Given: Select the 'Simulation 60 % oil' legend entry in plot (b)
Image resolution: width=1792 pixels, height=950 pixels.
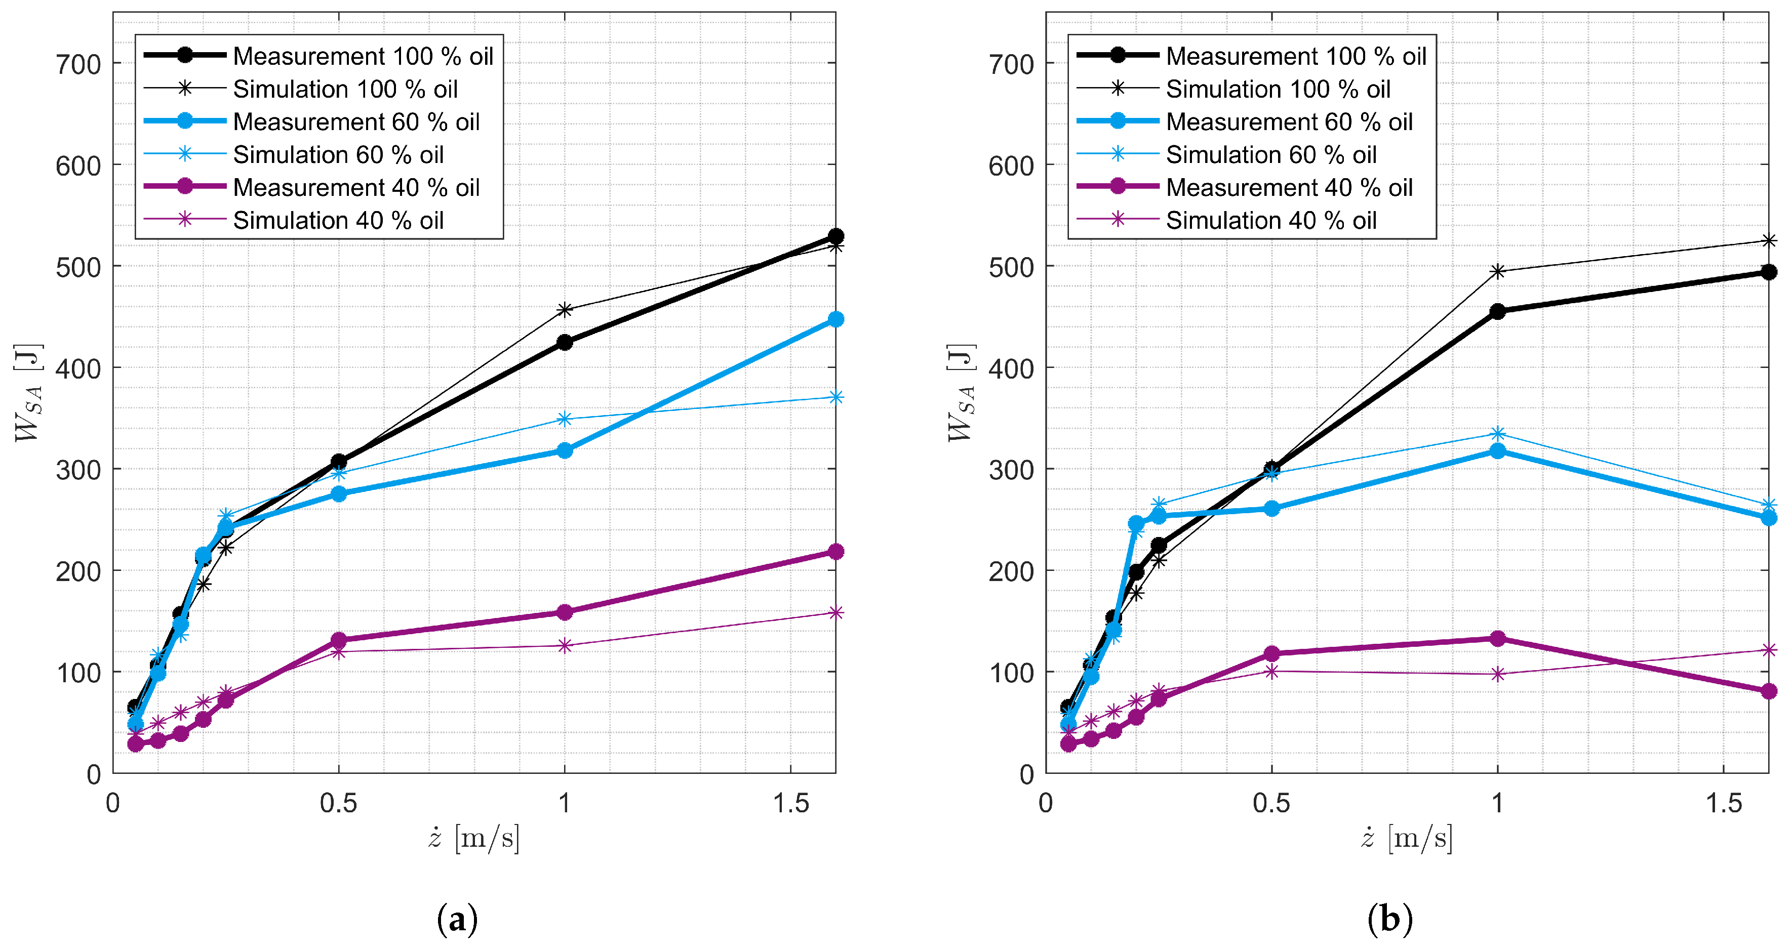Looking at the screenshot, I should [1271, 154].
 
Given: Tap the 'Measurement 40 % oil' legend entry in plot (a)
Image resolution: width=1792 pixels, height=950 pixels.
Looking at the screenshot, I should [355, 187].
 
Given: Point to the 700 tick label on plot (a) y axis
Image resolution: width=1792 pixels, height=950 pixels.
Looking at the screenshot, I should [78, 65].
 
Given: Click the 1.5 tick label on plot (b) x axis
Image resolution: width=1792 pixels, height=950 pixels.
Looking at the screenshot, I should [1724, 803].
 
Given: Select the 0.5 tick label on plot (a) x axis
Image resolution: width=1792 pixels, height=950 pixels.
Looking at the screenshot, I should [338, 803].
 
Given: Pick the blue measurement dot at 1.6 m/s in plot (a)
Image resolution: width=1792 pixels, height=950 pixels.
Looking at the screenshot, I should [835, 319].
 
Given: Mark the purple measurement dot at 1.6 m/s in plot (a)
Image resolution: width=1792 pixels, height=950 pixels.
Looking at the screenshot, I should [835, 552].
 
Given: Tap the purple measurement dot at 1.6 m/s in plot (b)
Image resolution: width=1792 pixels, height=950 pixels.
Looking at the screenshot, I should [1768, 690].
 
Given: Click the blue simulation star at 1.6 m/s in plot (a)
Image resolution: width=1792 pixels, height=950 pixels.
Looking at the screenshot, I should [835, 397].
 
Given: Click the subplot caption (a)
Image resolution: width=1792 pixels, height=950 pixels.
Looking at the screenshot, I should [457, 920].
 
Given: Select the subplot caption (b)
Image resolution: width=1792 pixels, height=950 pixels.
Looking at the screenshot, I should [1390, 920].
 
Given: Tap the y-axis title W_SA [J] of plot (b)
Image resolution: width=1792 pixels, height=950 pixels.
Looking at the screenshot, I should [961, 393].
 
